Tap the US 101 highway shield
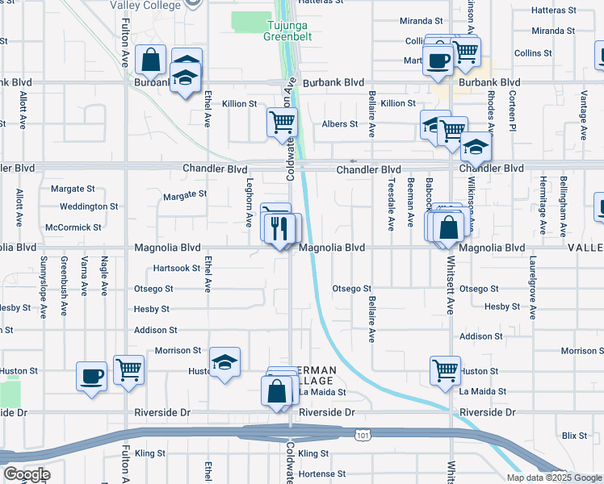(363, 435)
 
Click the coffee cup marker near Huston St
(91, 375)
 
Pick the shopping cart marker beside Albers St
(282, 123)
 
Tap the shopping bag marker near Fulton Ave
(151, 60)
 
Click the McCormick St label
(73, 227)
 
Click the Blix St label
(576, 436)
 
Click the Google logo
(26, 474)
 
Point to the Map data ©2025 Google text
(553, 478)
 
